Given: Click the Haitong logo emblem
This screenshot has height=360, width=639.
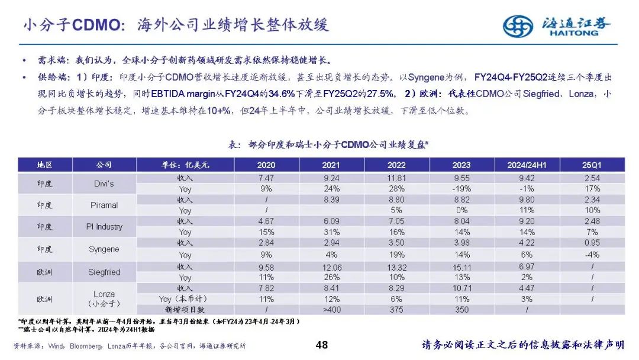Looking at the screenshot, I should pyautogui.click(x=518, y=25).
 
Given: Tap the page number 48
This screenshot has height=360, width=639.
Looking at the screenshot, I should pyautogui.click(x=322, y=345).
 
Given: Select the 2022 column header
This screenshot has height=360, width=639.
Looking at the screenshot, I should pyautogui.click(x=396, y=165).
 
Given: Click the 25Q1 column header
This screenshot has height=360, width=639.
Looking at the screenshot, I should pyautogui.click(x=591, y=165).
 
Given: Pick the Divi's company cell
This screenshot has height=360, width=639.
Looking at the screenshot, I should pyautogui.click(x=104, y=184).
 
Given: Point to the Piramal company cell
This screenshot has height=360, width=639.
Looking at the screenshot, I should pyautogui.click(x=104, y=205).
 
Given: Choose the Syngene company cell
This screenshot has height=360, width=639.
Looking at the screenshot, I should pyautogui.click(x=104, y=249).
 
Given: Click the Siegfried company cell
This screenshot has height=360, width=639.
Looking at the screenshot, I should pyautogui.click(x=104, y=272).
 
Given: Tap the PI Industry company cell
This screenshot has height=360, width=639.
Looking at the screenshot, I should pyautogui.click(x=104, y=227).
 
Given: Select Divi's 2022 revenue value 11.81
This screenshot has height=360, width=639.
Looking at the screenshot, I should pyautogui.click(x=396, y=178).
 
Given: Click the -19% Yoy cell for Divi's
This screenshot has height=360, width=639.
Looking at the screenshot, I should pyautogui.click(x=461, y=189).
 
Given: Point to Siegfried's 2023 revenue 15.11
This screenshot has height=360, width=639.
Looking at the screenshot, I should pyautogui.click(x=461, y=266).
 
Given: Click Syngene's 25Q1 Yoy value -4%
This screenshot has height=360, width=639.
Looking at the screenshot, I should pyautogui.click(x=591, y=255).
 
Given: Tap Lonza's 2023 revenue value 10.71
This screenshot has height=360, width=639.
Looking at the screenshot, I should pyautogui.click(x=461, y=288).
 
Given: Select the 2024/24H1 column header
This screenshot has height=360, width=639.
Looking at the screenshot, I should pyautogui.click(x=526, y=165).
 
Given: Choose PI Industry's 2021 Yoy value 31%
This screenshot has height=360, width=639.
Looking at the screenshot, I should pyautogui.click(x=331, y=233).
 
